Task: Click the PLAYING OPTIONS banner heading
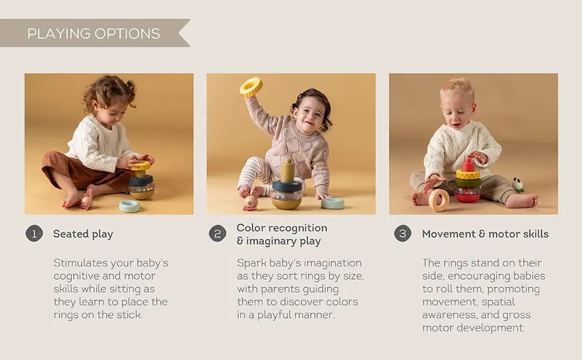click(x=94, y=34)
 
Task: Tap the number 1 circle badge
click(x=34, y=233)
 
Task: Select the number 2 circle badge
click(x=218, y=233)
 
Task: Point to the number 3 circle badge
click(x=403, y=233)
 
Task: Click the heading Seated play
click(x=83, y=234)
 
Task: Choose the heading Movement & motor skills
click(x=485, y=234)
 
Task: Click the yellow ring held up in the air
click(x=251, y=88)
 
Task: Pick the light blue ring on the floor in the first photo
click(x=129, y=206)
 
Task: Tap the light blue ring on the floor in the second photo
click(x=332, y=203)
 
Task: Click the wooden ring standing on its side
click(x=439, y=200)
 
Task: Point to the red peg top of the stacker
click(x=468, y=164)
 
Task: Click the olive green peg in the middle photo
click(x=287, y=171)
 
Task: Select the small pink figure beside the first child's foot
click(x=87, y=202)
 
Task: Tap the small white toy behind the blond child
click(x=517, y=185)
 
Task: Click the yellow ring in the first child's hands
click(x=140, y=166)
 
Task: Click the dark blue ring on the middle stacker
click(x=287, y=185)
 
